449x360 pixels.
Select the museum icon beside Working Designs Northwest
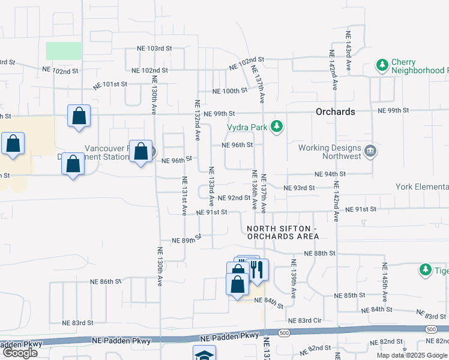(370, 151)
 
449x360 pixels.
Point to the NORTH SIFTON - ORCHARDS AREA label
(283, 233)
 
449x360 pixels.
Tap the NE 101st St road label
(110, 84)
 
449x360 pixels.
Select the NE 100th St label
(230, 91)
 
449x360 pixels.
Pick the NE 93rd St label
(299, 188)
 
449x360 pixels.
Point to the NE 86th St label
(106, 281)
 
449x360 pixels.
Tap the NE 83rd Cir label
(304, 321)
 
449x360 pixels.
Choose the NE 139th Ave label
(294, 279)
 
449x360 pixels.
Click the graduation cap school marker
(204, 355)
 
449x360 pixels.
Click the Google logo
(19, 353)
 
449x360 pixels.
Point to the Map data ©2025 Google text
(412, 355)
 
